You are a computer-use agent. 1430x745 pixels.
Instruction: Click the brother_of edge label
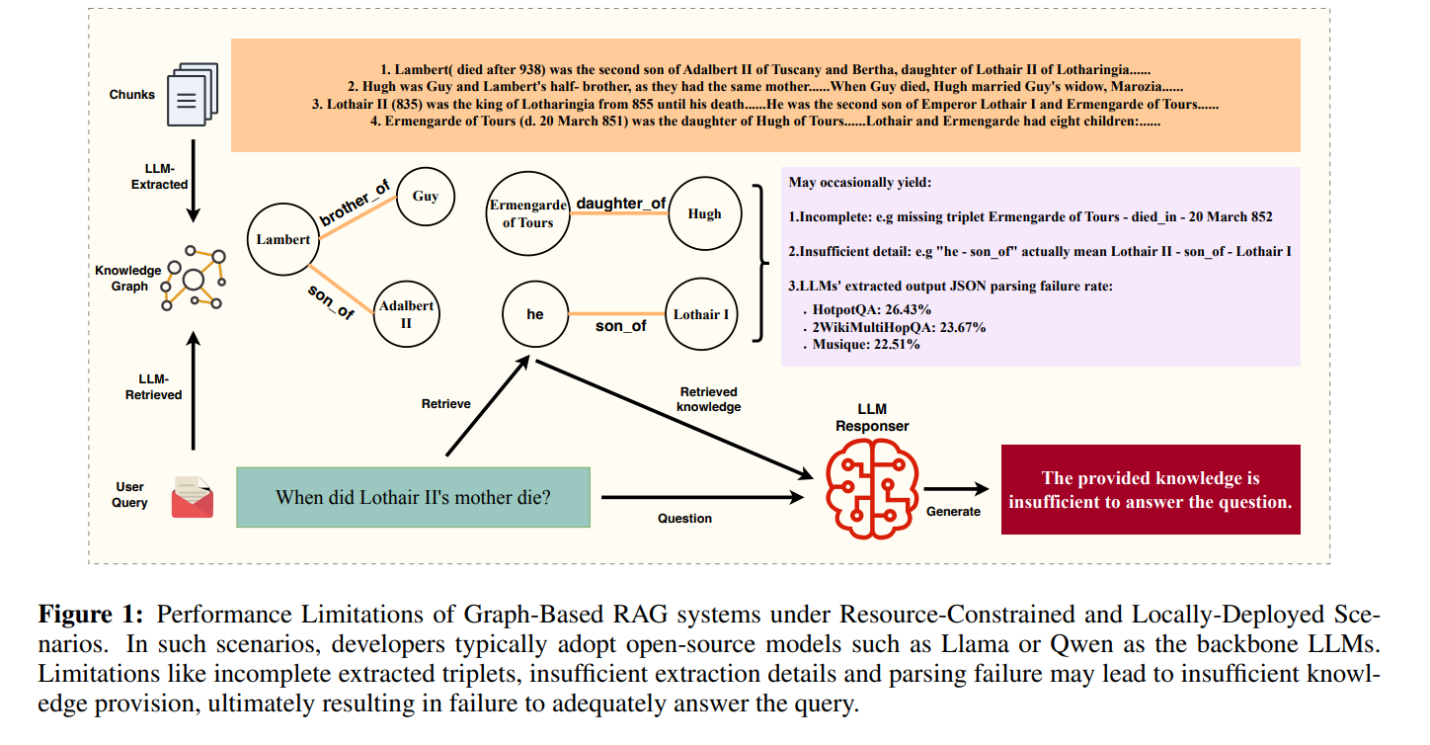point(355,204)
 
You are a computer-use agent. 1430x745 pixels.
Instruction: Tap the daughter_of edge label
point(621,204)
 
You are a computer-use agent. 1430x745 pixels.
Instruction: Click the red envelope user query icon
point(193,497)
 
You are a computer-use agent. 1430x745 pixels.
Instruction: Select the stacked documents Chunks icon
point(193,94)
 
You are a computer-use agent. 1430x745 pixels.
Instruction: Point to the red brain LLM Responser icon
point(872,489)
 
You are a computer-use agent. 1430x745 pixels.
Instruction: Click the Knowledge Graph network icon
point(194,279)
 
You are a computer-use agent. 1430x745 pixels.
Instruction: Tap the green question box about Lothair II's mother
point(413,497)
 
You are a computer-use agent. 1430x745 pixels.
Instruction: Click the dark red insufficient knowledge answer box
point(1151,489)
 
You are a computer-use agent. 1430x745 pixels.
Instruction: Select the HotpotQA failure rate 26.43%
point(871,310)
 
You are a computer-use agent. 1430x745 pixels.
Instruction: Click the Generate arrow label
point(953,511)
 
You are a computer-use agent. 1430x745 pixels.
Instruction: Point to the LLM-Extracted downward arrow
point(193,181)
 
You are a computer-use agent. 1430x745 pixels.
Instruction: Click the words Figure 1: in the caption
point(91,614)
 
